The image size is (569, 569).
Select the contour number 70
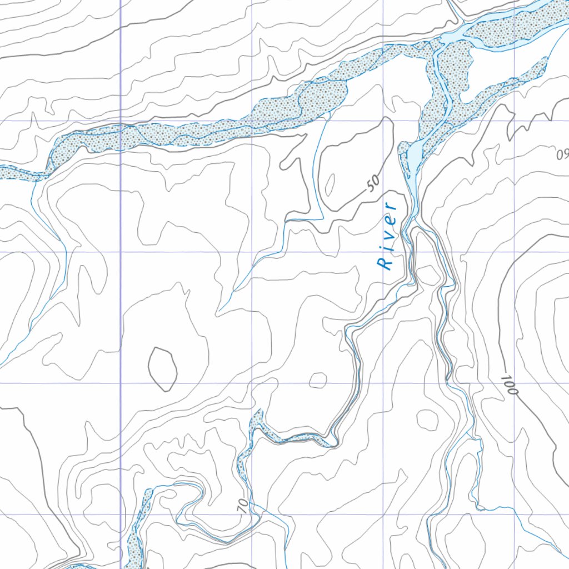pos(242,505)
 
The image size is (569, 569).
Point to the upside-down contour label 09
pos(562,154)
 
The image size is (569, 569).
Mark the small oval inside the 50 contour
pos(330,185)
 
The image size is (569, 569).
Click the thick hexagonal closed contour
pos(162,368)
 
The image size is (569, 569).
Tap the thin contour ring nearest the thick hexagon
pos(318,381)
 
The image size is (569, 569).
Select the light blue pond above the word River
pos(416,155)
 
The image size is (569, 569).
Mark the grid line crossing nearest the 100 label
pos(515,383)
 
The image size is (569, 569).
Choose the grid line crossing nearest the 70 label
pos(252,515)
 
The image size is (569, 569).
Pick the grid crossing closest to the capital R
pos(383,252)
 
